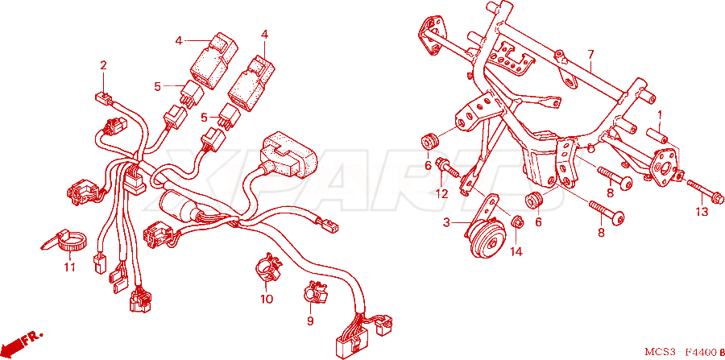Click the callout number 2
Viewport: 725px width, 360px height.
(x=103, y=65)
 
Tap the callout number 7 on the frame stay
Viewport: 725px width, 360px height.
(x=590, y=55)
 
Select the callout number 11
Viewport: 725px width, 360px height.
(x=69, y=267)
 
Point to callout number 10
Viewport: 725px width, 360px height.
(x=267, y=299)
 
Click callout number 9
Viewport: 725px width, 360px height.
(x=310, y=321)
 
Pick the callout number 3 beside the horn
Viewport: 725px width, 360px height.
(x=446, y=223)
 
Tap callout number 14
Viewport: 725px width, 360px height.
(x=516, y=252)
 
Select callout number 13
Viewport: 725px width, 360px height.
(x=702, y=212)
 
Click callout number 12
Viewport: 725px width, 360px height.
(x=442, y=194)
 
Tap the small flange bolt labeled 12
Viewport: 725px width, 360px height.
(x=448, y=168)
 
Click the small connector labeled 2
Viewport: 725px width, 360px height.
(x=105, y=97)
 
